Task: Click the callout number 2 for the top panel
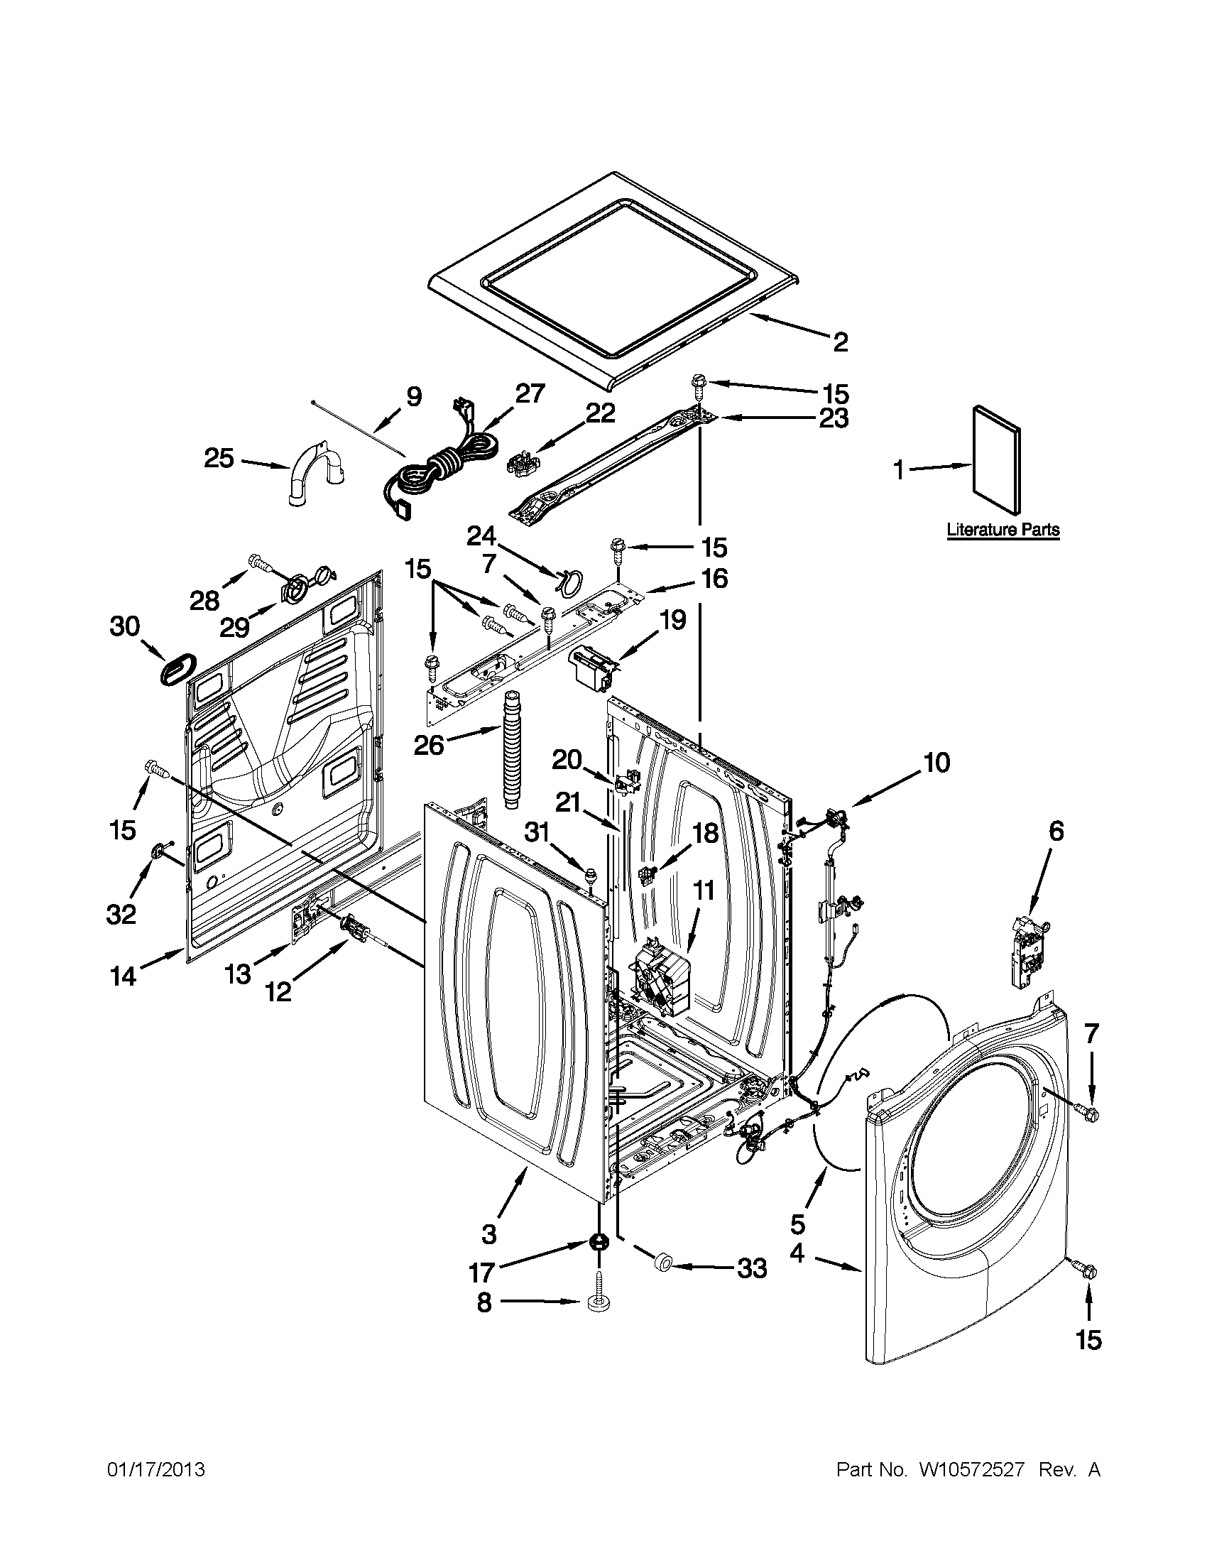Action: pos(841,342)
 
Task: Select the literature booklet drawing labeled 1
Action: pos(995,459)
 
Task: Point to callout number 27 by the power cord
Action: pos(530,394)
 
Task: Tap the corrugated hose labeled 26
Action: pos(514,750)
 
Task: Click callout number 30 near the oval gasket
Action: pos(125,627)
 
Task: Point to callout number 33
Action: pos(751,1269)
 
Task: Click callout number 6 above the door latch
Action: pos(1056,832)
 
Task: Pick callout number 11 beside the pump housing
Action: pos(705,891)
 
